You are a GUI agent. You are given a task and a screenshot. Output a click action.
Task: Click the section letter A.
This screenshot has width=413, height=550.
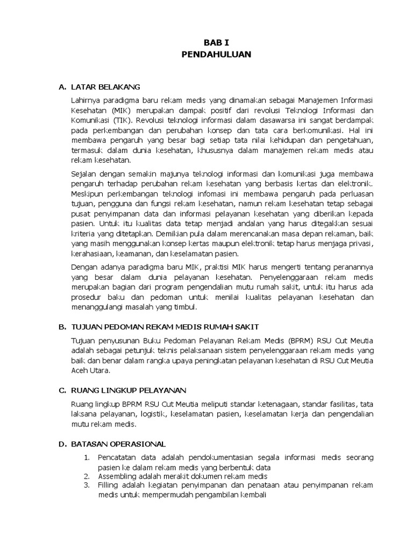(61, 86)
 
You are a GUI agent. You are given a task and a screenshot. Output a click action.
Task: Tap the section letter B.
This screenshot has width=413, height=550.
(61, 327)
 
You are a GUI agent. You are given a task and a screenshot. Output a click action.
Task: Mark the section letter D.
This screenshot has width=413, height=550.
(61, 444)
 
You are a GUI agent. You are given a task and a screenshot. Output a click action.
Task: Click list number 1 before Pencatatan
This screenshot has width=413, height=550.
(87, 458)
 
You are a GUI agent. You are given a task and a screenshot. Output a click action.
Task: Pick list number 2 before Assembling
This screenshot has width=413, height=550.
(87, 476)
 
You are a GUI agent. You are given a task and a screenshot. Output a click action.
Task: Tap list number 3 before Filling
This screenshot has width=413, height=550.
(87, 486)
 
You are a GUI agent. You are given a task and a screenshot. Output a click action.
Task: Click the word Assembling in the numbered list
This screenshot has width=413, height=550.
(118, 476)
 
